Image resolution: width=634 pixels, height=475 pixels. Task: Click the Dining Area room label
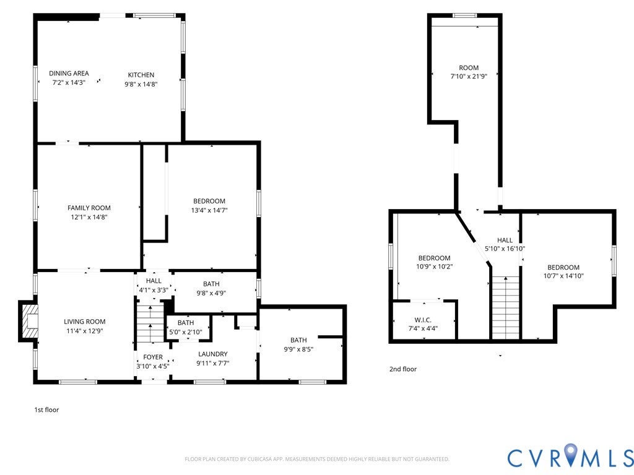click(69, 73)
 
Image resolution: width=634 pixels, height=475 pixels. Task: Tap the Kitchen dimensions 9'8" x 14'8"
click(141, 84)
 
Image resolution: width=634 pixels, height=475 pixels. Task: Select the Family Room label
click(89, 208)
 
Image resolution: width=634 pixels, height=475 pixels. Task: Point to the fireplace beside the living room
click(29, 321)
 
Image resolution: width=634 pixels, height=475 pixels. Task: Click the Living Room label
click(84, 322)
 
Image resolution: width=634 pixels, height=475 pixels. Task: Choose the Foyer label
click(153, 357)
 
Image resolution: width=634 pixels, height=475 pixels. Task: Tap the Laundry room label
click(213, 354)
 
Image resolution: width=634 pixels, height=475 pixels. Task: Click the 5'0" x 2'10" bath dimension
click(186, 332)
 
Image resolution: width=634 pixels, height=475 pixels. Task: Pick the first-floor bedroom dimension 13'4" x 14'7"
click(209, 210)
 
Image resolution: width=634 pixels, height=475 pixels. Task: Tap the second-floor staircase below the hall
click(505, 308)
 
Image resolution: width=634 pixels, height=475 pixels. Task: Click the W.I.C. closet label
click(423, 320)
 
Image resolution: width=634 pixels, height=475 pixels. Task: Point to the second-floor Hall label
click(505, 240)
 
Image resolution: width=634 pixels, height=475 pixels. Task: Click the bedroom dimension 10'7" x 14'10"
click(563, 276)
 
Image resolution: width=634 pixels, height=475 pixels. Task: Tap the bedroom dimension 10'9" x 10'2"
click(434, 267)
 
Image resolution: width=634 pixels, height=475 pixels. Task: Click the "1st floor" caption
click(46, 409)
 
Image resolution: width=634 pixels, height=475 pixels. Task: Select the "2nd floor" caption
click(402, 369)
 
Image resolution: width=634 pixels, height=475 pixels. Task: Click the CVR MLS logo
click(570, 456)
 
